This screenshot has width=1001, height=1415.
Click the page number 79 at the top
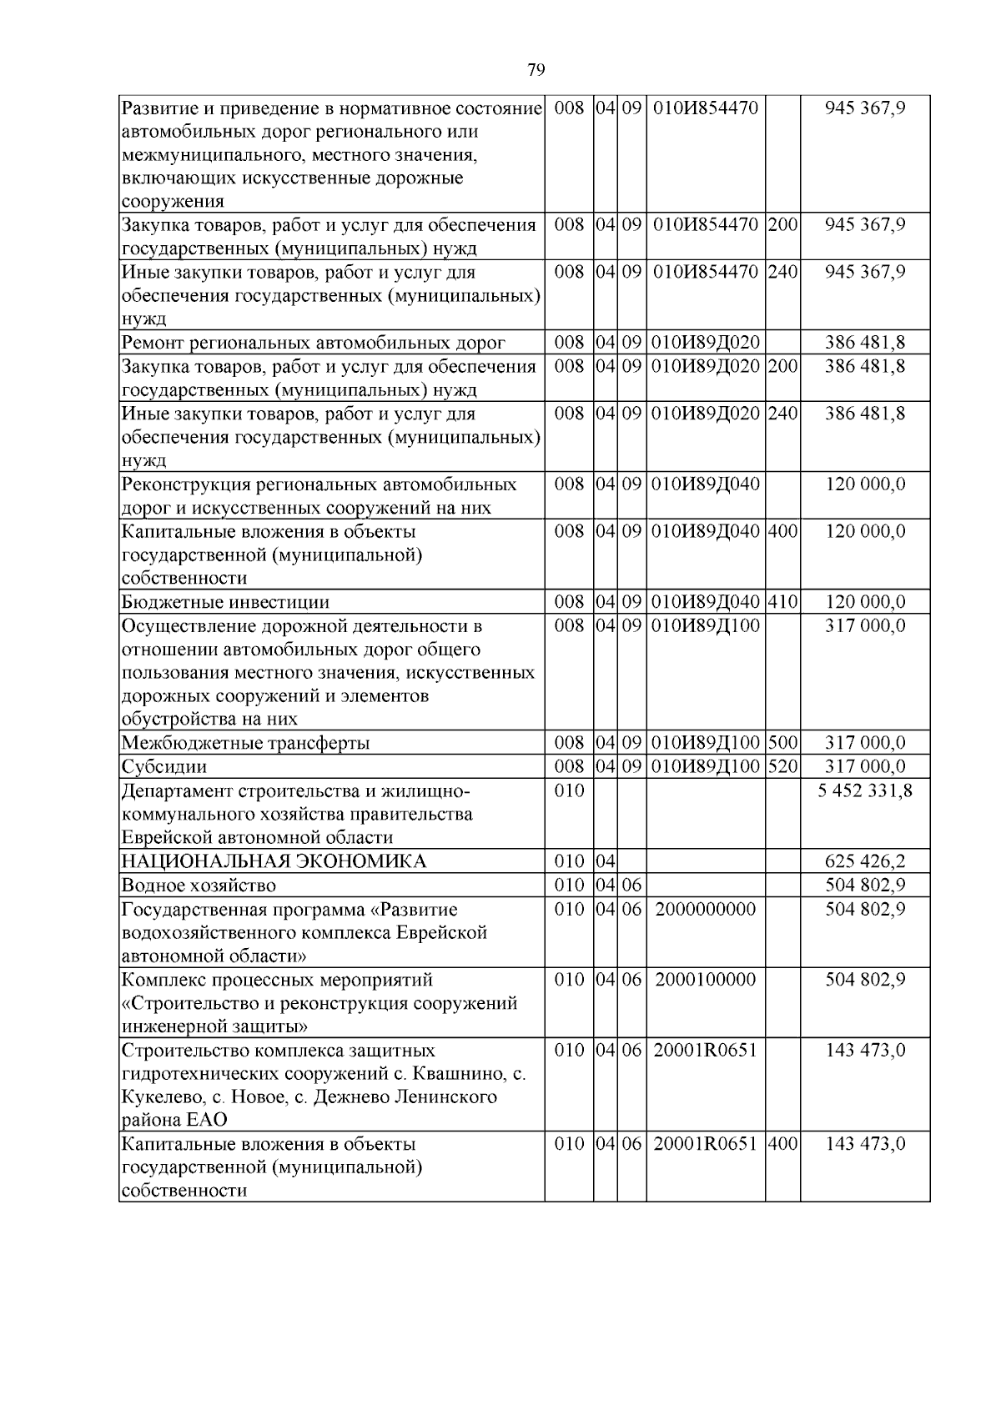tap(536, 70)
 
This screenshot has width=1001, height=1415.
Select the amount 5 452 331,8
tap(865, 790)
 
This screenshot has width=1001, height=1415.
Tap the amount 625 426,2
tap(865, 861)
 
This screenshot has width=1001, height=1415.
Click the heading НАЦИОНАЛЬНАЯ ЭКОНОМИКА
tap(274, 861)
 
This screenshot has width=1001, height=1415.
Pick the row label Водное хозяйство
tap(199, 886)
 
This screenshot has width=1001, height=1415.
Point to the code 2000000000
tap(705, 909)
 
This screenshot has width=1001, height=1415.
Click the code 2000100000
tap(705, 979)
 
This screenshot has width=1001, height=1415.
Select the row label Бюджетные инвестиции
tap(225, 602)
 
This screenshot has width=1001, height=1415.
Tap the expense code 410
tap(782, 602)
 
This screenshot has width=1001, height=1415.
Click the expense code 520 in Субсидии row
tap(782, 766)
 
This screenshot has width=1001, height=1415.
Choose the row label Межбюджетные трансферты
tap(245, 743)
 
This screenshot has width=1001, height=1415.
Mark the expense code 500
tap(782, 743)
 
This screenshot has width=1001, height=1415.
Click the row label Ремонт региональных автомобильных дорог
tap(314, 343)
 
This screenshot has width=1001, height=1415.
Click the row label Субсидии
tap(164, 766)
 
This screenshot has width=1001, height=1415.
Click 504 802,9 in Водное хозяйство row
tap(865, 886)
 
